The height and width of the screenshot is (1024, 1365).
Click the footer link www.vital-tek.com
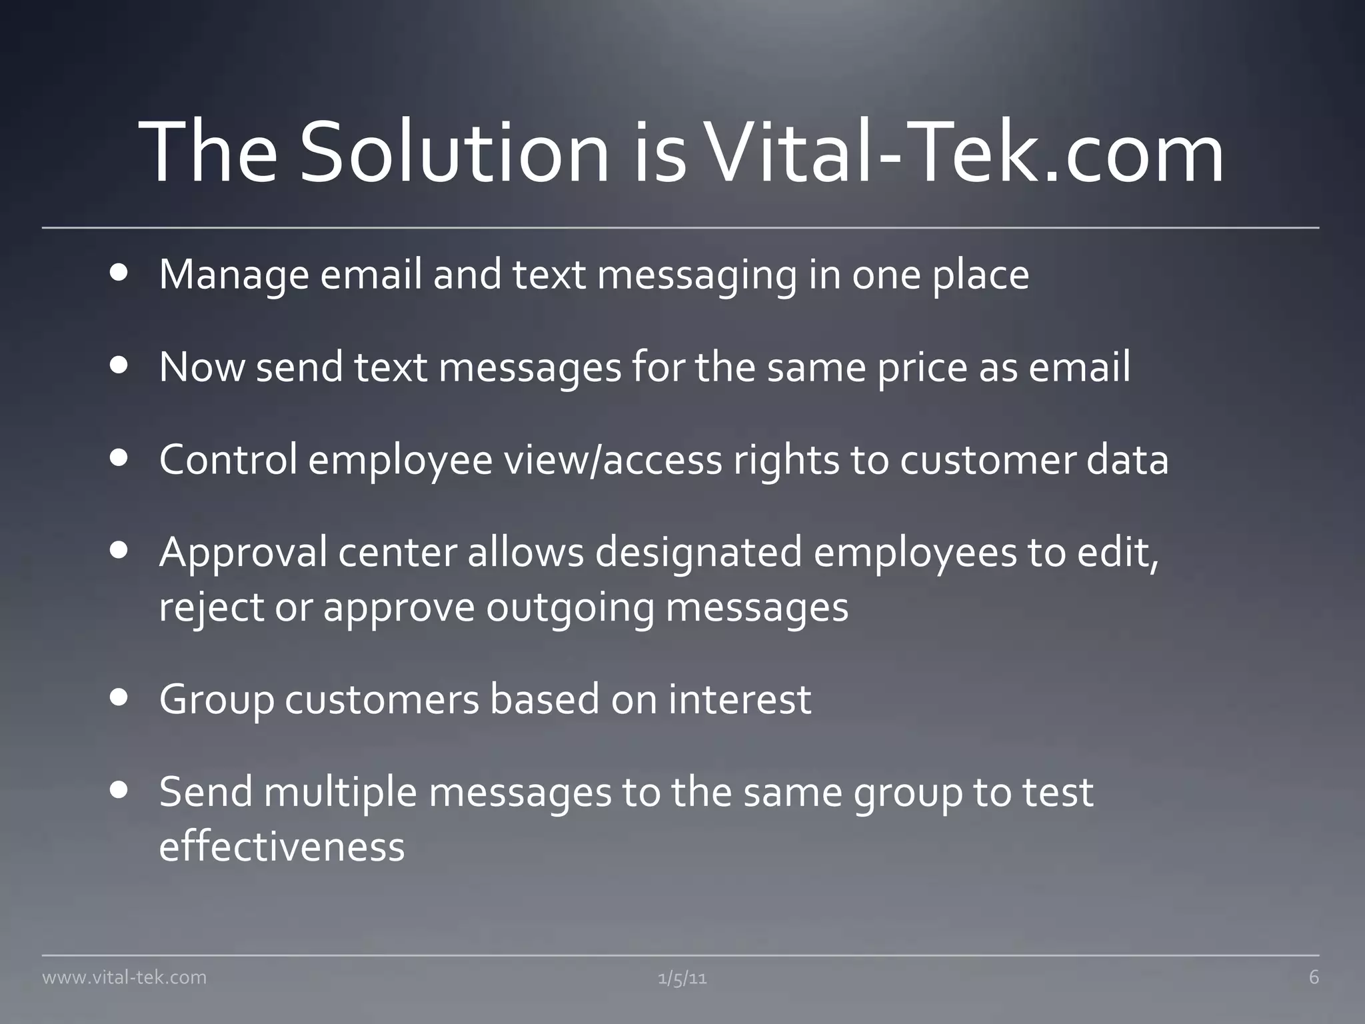pos(125,977)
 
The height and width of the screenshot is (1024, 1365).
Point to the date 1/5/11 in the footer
pos(682,978)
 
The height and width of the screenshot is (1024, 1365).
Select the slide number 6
pos(1314,977)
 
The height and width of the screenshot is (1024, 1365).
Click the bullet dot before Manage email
pos(120,273)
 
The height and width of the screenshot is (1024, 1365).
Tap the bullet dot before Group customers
pos(120,698)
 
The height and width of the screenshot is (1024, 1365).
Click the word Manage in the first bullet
pos(234,275)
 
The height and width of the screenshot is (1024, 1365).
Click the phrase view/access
pos(613,460)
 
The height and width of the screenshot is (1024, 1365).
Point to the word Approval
pos(243,553)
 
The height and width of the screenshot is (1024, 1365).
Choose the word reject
pos(211,608)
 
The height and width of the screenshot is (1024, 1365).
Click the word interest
pos(740,699)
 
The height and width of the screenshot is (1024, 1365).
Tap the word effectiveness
pos(282,847)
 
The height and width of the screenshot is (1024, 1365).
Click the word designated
pos(698,553)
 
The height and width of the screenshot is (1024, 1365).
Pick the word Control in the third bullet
pos(228,460)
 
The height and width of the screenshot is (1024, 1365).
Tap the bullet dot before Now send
pos(120,366)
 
